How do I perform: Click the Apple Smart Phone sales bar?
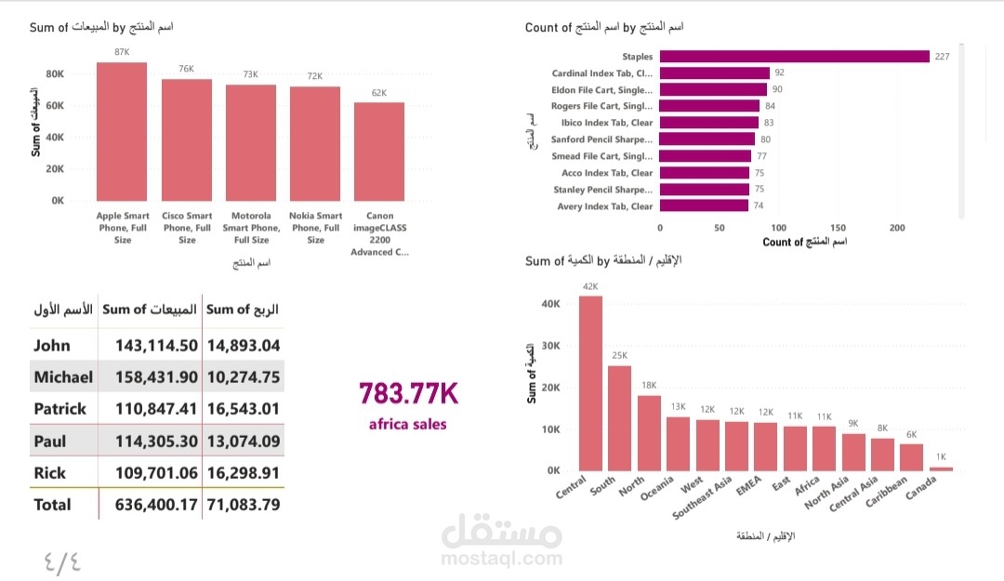tap(122, 131)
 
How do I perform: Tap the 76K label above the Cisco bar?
tap(186, 69)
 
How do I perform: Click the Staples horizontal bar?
tap(794, 57)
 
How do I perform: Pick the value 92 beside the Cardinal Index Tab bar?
tap(779, 73)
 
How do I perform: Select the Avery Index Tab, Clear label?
tap(605, 206)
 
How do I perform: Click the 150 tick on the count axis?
tap(838, 227)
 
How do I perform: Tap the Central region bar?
tap(590, 383)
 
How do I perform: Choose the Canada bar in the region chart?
tap(942, 469)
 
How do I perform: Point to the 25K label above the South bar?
tap(619, 356)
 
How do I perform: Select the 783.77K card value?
tap(408, 394)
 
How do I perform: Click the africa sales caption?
tap(407, 425)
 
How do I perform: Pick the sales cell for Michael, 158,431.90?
tap(156, 377)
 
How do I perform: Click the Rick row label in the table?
tap(50, 473)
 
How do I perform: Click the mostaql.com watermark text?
tap(502, 559)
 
